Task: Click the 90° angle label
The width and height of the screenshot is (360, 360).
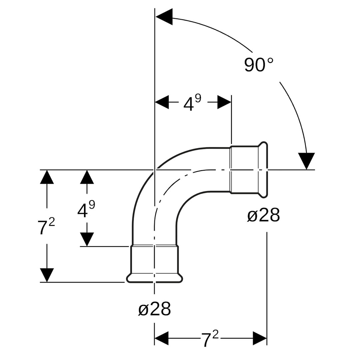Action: click(259, 65)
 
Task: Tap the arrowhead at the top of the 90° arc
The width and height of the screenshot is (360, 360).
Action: click(164, 17)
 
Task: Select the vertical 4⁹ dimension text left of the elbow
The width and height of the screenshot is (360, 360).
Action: click(86, 209)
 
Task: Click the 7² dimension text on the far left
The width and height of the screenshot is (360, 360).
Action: click(46, 226)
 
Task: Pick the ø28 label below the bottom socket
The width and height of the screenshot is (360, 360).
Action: click(155, 309)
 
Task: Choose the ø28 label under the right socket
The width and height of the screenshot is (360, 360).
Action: click(264, 215)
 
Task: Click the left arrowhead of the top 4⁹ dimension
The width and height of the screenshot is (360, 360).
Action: click(162, 102)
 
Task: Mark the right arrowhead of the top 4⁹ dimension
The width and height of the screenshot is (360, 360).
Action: click(224, 102)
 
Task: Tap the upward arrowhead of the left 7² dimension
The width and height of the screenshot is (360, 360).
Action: click(47, 177)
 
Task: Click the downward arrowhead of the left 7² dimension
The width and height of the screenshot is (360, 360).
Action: click(47, 275)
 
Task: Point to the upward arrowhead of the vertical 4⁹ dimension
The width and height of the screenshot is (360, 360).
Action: click(87, 177)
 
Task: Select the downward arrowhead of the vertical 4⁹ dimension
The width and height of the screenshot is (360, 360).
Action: click(87, 239)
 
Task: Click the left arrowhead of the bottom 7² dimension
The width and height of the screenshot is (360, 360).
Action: click(162, 338)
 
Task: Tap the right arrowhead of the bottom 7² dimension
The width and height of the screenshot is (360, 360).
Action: click(260, 338)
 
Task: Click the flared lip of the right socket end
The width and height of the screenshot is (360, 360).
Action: click(263, 170)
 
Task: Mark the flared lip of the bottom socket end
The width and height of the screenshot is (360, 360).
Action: click(155, 278)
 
